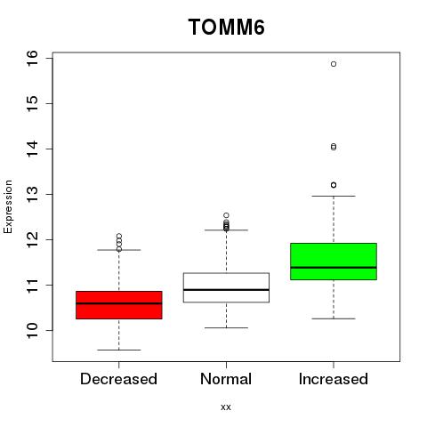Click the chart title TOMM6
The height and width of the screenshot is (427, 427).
click(x=226, y=27)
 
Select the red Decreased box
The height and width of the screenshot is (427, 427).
click(x=119, y=305)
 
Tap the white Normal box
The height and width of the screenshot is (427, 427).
click(x=226, y=287)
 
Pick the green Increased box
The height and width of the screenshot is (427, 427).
click(x=334, y=262)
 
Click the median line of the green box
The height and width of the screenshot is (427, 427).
click(x=334, y=268)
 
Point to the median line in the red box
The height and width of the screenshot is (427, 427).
click(x=119, y=303)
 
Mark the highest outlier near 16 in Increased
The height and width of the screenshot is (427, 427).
click(x=334, y=64)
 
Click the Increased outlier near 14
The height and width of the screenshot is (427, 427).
click(x=334, y=147)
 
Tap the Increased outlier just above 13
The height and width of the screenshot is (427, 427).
click(x=334, y=185)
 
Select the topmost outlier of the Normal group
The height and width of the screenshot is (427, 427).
click(x=226, y=215)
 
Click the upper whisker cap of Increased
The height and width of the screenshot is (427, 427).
click(x=334, y=196)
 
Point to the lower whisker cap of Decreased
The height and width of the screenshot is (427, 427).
click(x=119, y=350)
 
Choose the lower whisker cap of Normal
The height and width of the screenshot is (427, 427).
click(x=226, y=327)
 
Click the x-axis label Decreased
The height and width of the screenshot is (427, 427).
click(x=118, y=379)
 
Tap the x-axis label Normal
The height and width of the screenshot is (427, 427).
click(x=226, y=379)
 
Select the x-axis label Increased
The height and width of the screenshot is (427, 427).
click(x=334, y=379)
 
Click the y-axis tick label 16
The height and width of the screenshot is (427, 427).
click(x=33, y=59)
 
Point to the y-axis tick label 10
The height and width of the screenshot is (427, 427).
click(x=33, y=331)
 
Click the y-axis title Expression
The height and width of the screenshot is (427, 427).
click(x=8, y=206)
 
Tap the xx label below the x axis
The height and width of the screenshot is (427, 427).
click(x=226, y=407)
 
